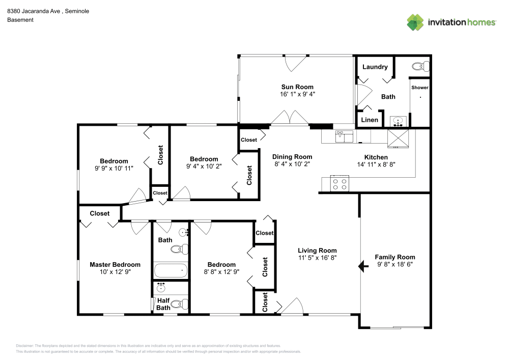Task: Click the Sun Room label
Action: [297, 87]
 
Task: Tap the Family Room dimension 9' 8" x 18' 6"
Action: [395, 264]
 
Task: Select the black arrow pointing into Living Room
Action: [363, 266]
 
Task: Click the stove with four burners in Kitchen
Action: [340, 184]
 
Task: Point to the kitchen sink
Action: [344, 136]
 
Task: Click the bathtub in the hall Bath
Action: [171, 270]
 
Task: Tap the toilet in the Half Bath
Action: [179, 304]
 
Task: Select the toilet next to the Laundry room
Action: [420, 67]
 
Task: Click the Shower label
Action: [420, 88]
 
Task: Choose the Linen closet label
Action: [370, 120]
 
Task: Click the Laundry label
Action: [375, 67]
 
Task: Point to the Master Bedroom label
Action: [115, 265]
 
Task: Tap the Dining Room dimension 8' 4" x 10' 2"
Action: [292, 164]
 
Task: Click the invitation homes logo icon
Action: [415, 22]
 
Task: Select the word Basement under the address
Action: [20, 20]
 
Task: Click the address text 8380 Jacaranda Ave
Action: [34, 11]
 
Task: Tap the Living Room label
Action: [317, 251]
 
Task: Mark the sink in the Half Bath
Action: [161, 287]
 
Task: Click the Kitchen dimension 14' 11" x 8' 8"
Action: [376, 164]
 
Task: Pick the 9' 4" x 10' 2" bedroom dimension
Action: [204, 166]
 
